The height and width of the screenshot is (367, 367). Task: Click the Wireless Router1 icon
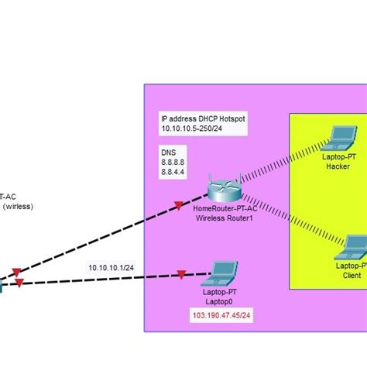[224, 188]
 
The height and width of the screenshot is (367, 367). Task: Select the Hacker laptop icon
[338, 139]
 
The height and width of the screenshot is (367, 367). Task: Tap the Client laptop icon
[350, 247]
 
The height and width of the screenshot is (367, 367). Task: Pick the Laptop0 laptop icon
[224, 273]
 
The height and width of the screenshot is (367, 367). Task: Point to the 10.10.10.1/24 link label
[110, 267]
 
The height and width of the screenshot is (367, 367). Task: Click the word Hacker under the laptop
[338, 166]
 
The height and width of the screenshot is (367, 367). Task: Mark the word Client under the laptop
[352, 275]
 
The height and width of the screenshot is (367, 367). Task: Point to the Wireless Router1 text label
[224, 219]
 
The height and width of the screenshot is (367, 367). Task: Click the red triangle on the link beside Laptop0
[181, 274]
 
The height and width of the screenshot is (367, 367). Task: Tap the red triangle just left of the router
[179, 205]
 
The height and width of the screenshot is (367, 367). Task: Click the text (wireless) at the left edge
[17, 207]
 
